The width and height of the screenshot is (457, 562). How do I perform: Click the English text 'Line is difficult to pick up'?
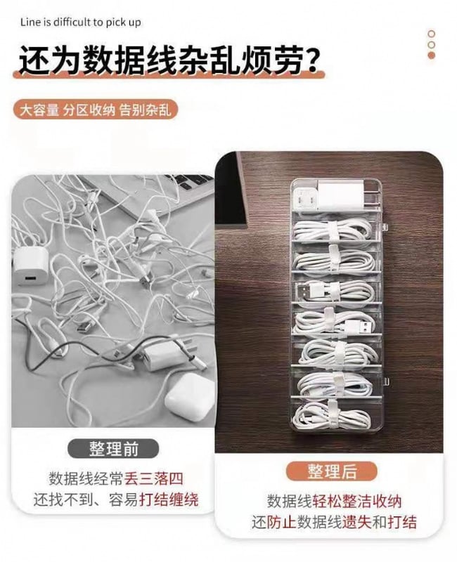tap(81, 22)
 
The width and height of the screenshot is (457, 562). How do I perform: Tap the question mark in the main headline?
tap(310, 60)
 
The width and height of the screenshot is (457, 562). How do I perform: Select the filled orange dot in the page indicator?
tap(432, 55)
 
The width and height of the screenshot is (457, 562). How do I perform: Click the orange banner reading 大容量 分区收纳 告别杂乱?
tap(96, 110)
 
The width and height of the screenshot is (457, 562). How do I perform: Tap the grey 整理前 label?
tap(113, 449)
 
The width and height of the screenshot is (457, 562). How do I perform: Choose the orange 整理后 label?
tap(332, 471)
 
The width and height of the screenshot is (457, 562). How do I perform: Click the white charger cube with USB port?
tap(30, 266)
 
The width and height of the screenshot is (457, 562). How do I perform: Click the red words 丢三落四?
tap(154, 478)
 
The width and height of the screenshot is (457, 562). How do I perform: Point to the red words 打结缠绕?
tap(169, 499)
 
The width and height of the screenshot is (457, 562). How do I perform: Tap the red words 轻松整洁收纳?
tap(357, 501)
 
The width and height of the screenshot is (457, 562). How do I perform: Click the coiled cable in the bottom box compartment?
tap(331, 415)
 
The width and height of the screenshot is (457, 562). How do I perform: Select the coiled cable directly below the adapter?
tap(333, 230)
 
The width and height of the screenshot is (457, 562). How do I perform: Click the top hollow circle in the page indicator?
tap(432, 34)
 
